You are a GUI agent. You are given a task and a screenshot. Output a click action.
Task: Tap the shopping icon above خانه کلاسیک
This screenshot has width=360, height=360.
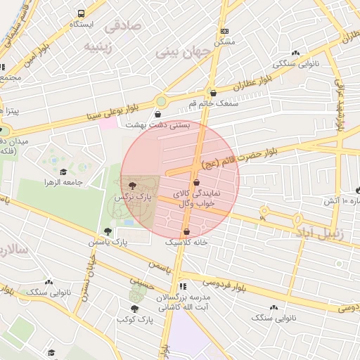(186, 231)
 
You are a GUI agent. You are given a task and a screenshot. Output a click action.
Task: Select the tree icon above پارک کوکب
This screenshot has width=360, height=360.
(134, 308)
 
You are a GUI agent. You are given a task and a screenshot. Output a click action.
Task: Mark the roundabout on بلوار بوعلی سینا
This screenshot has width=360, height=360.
(161, 101)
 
